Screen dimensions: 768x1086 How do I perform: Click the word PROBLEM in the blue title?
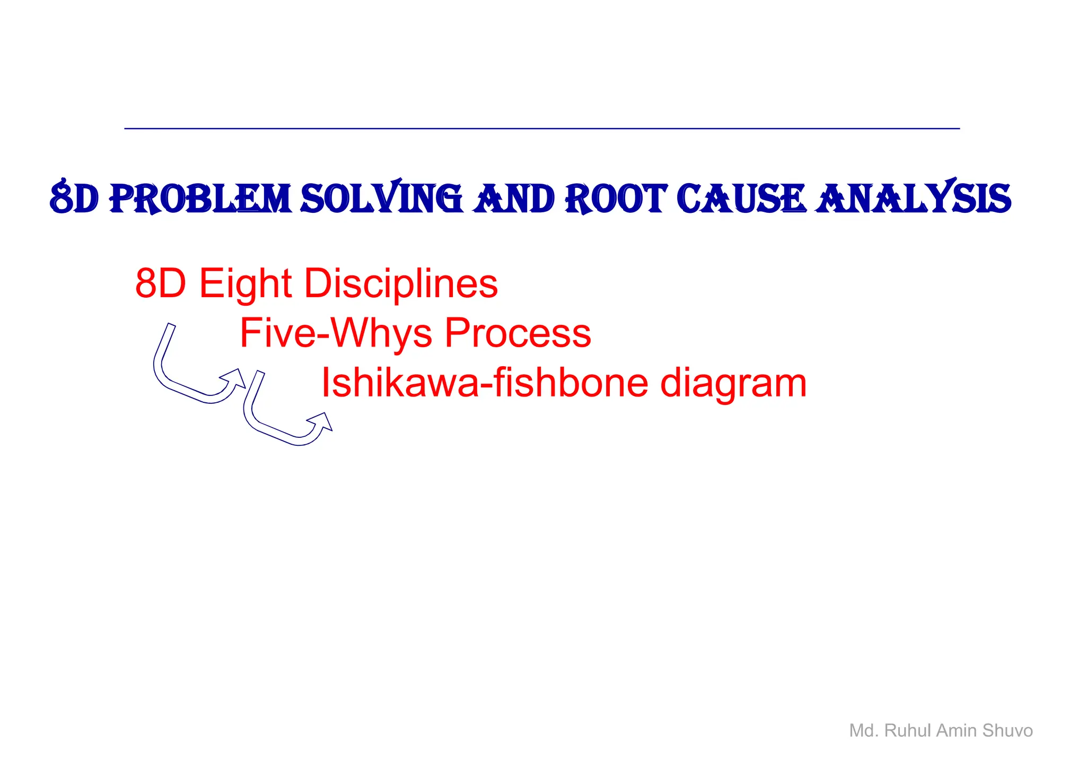point(200,200)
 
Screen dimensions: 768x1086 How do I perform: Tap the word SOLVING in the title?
point(381,199)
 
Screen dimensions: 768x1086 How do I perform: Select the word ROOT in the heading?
point(616,200)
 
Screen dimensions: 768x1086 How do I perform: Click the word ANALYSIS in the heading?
point(913,199)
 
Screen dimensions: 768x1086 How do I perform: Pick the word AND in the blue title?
point(513,200)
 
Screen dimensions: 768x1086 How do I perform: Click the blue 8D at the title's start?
point(74,199)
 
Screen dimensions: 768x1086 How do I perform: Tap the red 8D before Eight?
point(160,284)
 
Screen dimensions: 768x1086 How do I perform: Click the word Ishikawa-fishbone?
point(485,383)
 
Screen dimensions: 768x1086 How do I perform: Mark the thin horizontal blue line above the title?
point(542,128)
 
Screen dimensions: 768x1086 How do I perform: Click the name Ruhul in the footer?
point(907,731)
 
